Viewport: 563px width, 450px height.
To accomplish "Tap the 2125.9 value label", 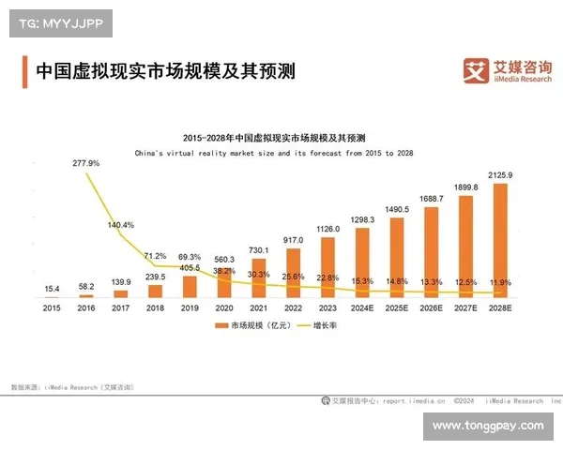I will pyautogui.click(x=500, y=175).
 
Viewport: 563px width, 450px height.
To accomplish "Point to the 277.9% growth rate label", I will pyautogui.click(x=86, y=163).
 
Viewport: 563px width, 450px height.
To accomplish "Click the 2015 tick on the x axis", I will pyautogui.click(x=52, y=307).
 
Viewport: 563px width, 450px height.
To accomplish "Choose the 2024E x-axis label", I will pyautogui.click(x=362, y=307).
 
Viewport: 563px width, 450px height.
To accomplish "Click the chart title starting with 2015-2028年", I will pyautogui.click(x=274, y=138).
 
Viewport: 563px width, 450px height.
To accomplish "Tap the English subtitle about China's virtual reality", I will pyautogui.click(x=274, y=151).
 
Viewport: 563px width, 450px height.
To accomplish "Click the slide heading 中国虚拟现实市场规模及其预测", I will pyautogui.click(x=164, y=71).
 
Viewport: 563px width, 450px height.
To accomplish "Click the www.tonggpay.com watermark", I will pyautogui.click(x=488, y=427).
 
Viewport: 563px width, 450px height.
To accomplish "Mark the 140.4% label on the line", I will pyautogui.click(x=122, y=225).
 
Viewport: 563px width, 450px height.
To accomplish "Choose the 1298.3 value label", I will pyautogui.click(x=362, y=219).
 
